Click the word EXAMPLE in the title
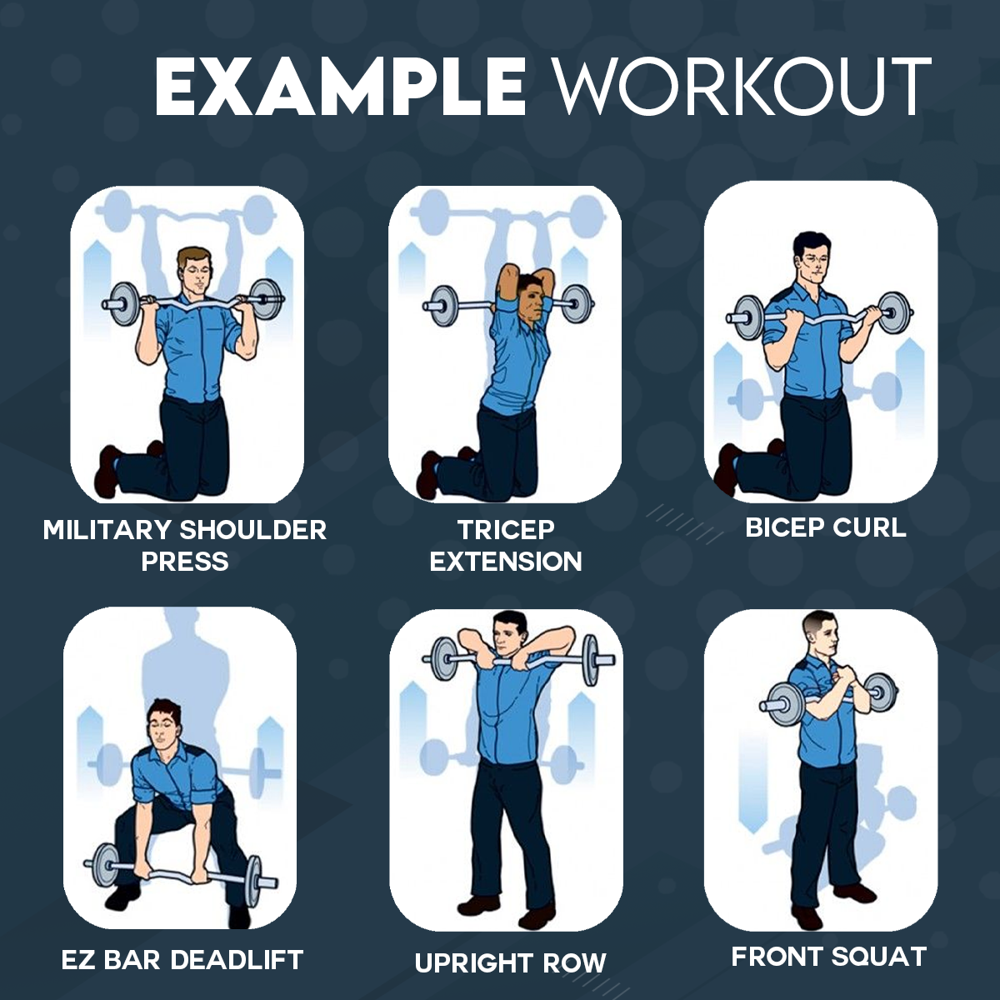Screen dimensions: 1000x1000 (x=340, y=86)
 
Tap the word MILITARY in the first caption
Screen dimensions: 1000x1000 (x=107, y=530)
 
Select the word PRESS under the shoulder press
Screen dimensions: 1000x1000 (x=185, y=561)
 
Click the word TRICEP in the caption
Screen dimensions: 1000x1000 (x=506, y=530)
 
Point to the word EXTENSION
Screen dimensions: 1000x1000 (x=506, y=561)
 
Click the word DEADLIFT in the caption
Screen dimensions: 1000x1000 (x=237, y=959)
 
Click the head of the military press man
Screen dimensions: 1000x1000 (x=195, y=270)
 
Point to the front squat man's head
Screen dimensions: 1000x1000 (x=819, y=638)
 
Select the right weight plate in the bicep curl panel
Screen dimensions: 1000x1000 (x=894, y=313)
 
